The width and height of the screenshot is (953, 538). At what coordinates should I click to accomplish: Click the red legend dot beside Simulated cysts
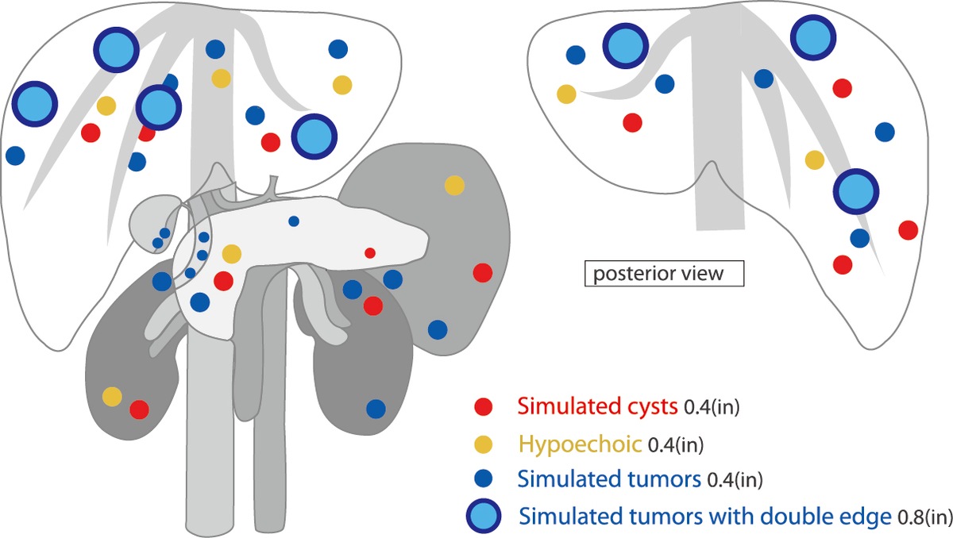click(484, 406)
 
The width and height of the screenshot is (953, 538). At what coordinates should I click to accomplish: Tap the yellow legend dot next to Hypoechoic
click(484, 444)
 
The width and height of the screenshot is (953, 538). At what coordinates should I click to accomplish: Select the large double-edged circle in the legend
click(484, 516)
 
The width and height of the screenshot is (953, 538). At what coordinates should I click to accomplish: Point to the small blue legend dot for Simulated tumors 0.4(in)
click(484, 478)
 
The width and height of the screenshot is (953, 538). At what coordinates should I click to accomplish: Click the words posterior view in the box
click(658, 274)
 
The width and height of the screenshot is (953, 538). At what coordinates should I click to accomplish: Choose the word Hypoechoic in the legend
click(580, 444)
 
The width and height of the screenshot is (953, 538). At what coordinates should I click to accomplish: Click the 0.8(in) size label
click(925, 517)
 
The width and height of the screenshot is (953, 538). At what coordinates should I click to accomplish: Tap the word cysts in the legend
click(653, 407)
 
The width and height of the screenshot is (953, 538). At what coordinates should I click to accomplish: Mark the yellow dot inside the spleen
click(454, 185)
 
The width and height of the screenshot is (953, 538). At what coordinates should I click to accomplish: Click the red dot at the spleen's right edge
click(483, 273)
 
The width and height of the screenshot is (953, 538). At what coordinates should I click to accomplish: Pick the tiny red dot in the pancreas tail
click(370, 253)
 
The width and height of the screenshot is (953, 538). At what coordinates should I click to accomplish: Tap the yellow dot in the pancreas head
click(232, 254)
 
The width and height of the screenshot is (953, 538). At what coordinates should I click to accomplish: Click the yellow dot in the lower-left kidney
click(112, 397)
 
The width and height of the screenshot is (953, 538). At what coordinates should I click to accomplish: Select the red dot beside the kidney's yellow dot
click(140, 409)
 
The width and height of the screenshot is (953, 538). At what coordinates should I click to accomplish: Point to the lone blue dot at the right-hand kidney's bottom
click(376, 409)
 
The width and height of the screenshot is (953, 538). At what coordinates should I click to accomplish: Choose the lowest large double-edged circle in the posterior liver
click(856, 191)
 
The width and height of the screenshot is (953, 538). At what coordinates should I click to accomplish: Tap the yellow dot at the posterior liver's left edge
click(567, 94)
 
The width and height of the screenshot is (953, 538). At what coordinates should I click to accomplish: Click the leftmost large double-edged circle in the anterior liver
click(34, 104)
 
